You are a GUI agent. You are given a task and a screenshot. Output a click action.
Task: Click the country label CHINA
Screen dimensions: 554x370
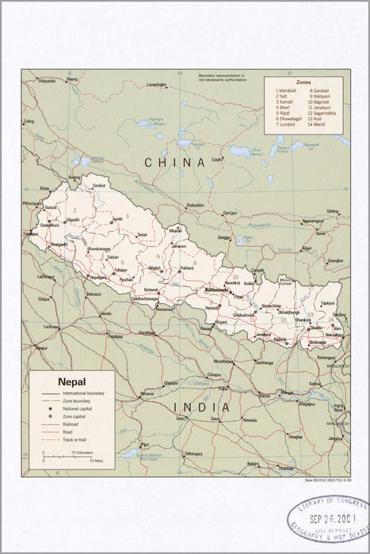click(x=175, y=161)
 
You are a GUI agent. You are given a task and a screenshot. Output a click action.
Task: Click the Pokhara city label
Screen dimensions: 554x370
click(x=187, y=268)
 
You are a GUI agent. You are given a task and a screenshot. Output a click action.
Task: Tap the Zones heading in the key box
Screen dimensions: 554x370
click(x=303, y=82)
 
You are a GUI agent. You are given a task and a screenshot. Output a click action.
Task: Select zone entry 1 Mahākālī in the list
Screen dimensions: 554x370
click(x=286, y=89)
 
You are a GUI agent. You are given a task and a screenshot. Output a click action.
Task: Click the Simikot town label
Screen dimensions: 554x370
click(x=99, y=185)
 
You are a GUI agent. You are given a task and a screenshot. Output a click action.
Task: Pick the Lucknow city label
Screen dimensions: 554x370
click(x=51, y=326)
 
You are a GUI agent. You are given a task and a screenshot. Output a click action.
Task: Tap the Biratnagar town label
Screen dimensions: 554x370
click(x=318, y=342)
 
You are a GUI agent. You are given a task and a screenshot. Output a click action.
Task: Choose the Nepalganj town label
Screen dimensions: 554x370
click(x=98, y=278)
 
